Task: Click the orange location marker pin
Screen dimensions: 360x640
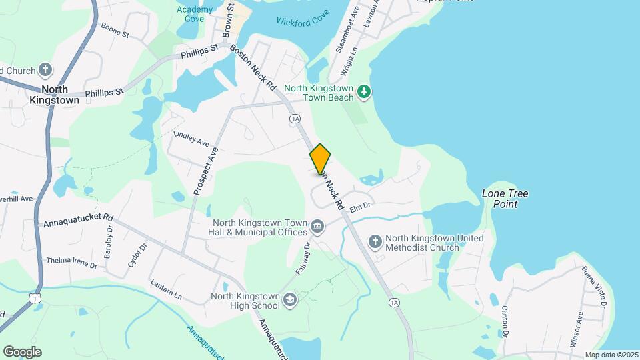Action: coord(320,159)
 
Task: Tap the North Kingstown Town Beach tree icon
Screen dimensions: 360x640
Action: coord(364,91)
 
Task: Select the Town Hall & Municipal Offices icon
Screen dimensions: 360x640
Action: coord(317,227)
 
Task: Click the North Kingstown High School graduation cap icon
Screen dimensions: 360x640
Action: coord(290,301)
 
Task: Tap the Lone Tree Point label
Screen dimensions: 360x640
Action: coord(505,199)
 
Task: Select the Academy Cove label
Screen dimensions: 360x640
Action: coord(195,13)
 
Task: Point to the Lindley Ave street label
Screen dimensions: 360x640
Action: coord(191,139)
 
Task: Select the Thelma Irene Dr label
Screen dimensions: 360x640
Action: coord(71,263)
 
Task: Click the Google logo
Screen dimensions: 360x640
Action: coord(22,352)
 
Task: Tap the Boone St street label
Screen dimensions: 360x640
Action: coord(115,31)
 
